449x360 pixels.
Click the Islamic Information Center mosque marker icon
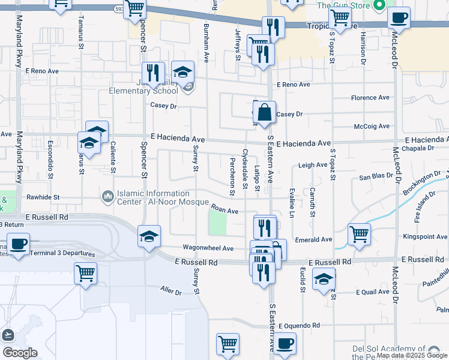(x=108, y=196)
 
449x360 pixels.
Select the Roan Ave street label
(x=224, y=211)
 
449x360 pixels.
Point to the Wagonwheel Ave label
(x=208, y=248)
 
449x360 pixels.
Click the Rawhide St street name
(x=43, y=197)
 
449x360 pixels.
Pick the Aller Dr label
(x=170, y=291)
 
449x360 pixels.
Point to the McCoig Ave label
(x=372, y=127)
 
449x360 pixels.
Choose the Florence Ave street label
(x=370, y=98)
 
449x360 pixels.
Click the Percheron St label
(x=232, y=176)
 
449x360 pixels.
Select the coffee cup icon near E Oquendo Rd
(x=285, y=343)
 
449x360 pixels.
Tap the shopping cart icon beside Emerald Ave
(x=359, y=233)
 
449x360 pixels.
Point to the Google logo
(x=20, y=352)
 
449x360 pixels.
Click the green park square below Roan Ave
(x=217, y=224)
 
